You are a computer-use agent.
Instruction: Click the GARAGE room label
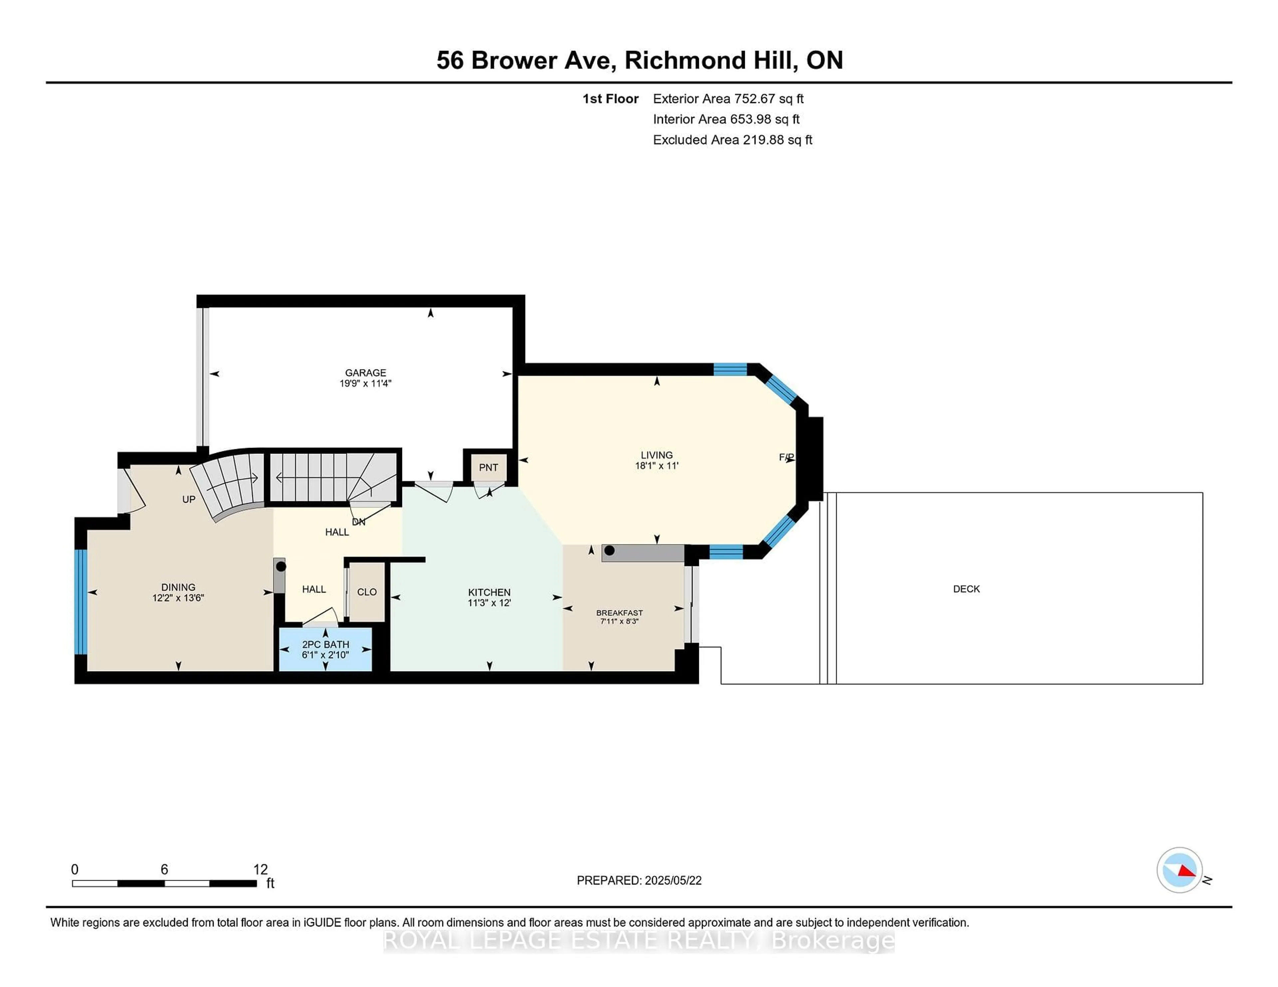click(x=365, y=372)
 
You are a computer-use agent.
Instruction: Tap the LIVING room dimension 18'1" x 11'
click(x=657, y=466)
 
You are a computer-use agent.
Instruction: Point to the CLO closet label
click(x=367, y=592)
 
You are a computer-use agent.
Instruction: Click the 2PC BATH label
click(x=325, y=644)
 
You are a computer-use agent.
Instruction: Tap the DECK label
click(x=966, y=589)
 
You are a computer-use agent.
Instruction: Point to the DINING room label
click(x=178, y=587)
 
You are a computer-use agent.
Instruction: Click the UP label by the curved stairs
click(x=188, y=499)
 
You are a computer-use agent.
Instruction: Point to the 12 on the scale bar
click(x=260, y=870)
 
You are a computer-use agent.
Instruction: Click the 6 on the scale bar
click(x=164, y=870)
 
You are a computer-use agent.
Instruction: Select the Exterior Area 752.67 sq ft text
click(x=729, y=99)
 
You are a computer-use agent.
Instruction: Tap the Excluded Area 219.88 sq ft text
click(x=733, y=140)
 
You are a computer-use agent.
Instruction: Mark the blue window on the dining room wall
click(x=81, y=602)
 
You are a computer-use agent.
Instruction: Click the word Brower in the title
click(x=514, y=60)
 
